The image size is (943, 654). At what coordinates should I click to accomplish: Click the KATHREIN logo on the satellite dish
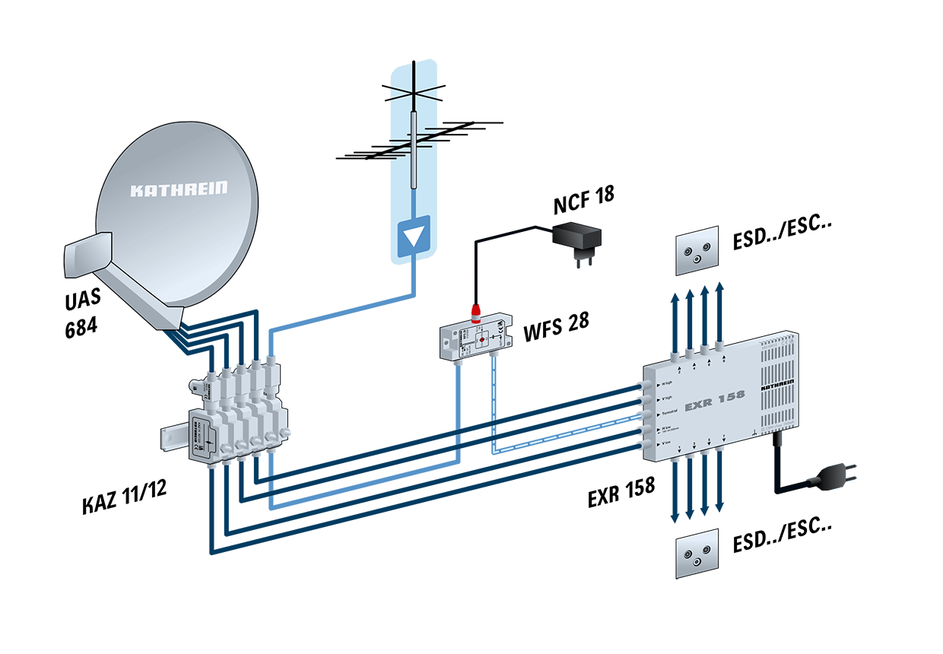(178, 189)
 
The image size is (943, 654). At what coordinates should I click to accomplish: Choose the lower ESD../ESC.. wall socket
(697, 554)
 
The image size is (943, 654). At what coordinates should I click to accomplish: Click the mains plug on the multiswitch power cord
(836, 478)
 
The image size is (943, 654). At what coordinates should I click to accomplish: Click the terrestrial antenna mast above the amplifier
(412, 148)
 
